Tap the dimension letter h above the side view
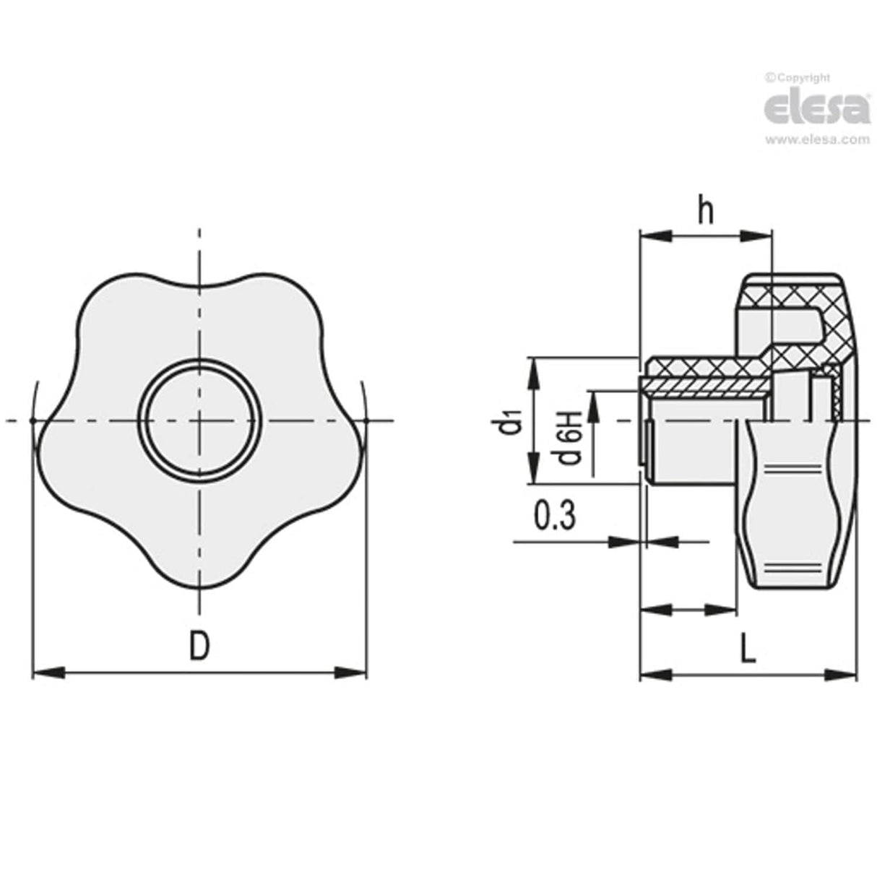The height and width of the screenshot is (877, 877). click(706, 211)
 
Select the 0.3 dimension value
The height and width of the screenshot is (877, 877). click(554, 517)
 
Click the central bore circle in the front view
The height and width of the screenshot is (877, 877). click(200, 420)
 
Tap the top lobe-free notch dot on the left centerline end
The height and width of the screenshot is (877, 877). click(31, 420)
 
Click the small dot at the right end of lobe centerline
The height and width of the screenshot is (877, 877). click(367, 420)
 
